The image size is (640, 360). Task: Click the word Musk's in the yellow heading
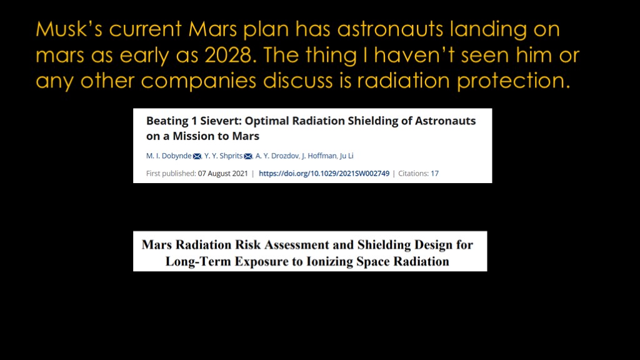pyautogui.click(x=69, y=29)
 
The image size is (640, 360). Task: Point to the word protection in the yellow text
pyautogui.click(x=513, y=81)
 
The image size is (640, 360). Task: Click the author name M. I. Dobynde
pyautogui.click(x=169, y=156)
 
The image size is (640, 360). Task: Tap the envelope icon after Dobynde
pyautogui.click(x=197, y=156)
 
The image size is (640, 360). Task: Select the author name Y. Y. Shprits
pyautogui.click(x=223, y=156)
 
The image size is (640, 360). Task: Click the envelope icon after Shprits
pyautogui.click(x=247, y=156)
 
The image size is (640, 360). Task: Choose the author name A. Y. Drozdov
pyautogui.click(x=277, y=156)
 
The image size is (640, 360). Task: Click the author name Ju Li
pyautogui.click(x=346, y=156)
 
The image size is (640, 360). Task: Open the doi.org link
pyautogui.click(x=324, y=174)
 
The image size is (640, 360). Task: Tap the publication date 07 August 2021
pyautogui.click(x=223, y=174)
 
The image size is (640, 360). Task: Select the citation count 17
pyautogui.click(x=435, y=174)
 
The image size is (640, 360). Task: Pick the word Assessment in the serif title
pyautogui.click(x=296, y=244)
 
